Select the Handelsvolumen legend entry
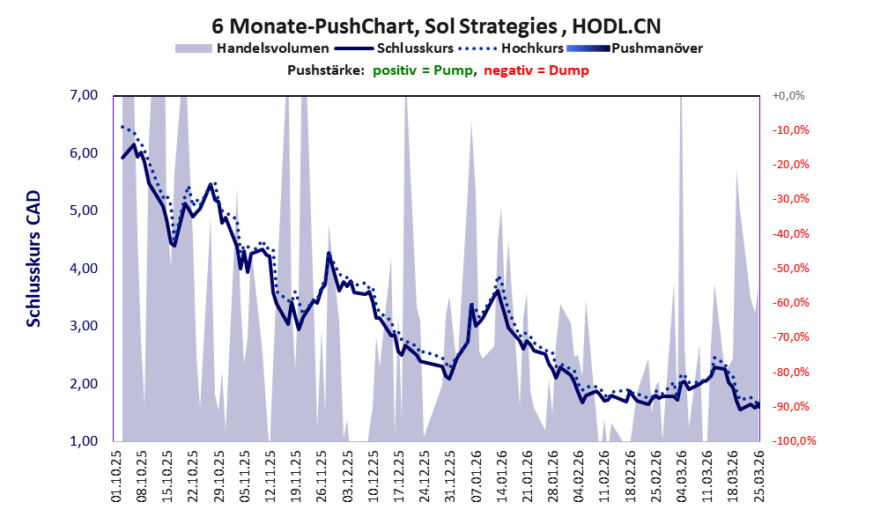[x=273, y=48]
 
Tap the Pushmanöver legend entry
[x=656, y=48]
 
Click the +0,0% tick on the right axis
[x=789, y=95]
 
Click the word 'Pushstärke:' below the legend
[x=326, y=70]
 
